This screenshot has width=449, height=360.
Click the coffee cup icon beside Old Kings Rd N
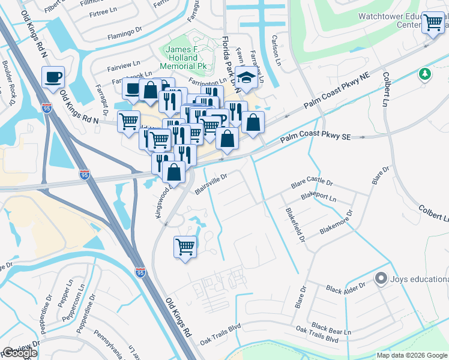pos(53,77)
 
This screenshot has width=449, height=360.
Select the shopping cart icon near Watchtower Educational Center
pos(433,23)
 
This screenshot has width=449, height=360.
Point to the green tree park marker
pos(425,74)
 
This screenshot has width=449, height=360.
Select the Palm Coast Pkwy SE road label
pos(322,139)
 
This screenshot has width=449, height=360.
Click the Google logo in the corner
pos(20,353)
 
